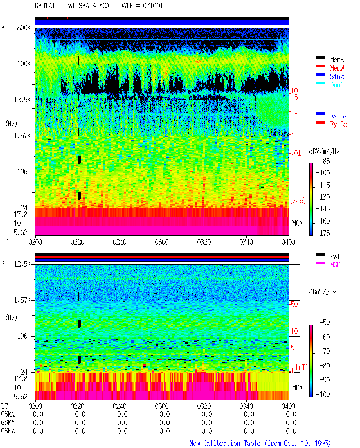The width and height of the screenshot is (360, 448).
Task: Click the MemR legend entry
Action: pos(337,60)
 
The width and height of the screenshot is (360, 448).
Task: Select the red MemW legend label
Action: pos(337,68)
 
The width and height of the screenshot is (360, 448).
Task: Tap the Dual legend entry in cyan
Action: pos(336,85)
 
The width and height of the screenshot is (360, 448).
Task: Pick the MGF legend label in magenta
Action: pos(335,265)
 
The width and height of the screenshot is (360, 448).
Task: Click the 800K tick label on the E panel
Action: pos(24,28)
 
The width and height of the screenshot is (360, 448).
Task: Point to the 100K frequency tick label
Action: pos(24,64)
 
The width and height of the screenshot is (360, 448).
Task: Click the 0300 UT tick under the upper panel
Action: pos(162,242)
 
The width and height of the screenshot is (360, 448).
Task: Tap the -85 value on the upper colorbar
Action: pos(325,161)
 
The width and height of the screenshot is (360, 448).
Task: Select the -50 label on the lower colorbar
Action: pos(325,322)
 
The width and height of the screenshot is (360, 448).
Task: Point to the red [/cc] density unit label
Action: pos(298,201)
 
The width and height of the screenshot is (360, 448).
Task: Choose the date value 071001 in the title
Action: pos(153,6)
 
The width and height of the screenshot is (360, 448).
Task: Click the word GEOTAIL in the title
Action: pos(47,6)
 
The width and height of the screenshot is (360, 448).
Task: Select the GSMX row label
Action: pos(8,414)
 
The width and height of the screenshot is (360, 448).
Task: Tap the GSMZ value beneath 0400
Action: pos(291,431)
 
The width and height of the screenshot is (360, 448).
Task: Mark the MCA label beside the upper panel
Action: pos(297,223)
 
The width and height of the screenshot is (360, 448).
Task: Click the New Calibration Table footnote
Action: pos(260,443)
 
